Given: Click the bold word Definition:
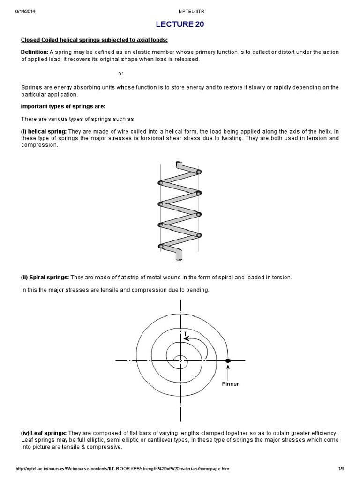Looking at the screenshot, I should [x=34, y=52].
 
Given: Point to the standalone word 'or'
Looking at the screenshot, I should [x=120, y=74].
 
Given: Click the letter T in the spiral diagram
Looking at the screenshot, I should [x=186, y=334].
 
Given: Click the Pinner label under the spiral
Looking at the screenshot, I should [x=230, y=384].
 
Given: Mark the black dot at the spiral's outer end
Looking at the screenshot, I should [x=228, y=360].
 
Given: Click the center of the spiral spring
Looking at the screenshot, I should [x=180, y=360].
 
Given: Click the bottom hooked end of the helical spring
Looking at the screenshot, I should [x=180, y=255].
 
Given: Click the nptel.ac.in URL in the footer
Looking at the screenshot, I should [x=123, y=469].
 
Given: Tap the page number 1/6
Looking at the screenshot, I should [x=340, y=469].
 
